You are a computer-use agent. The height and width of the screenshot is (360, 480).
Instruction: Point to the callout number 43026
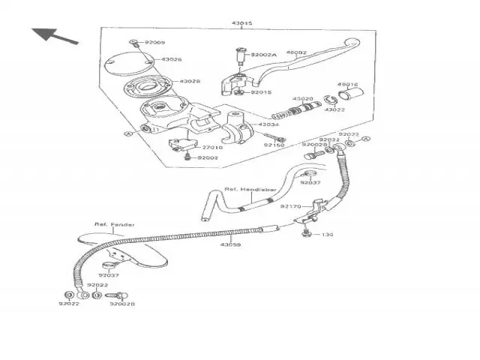coord(172,59)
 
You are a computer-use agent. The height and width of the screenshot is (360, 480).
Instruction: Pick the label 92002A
coord(264,55)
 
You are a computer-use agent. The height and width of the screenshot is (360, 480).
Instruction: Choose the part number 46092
coord(297,53)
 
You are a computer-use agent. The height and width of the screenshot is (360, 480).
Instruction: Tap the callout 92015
coord(261,92)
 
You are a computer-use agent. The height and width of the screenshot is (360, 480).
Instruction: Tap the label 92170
coord(291,206)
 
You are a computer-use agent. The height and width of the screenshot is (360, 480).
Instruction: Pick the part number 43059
coord(230,245)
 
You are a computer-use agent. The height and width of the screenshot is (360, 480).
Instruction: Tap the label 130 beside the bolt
coord(328,235)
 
